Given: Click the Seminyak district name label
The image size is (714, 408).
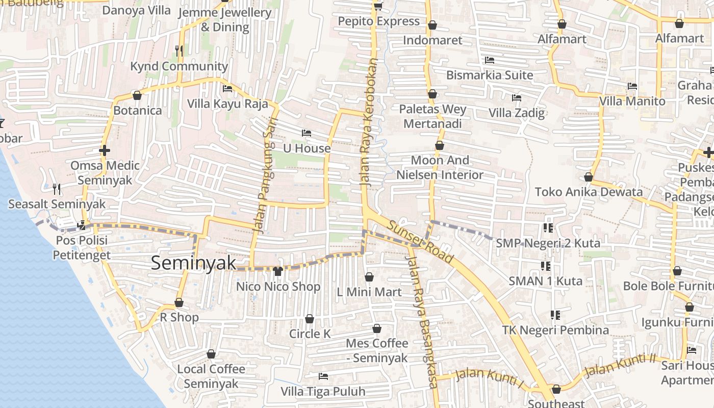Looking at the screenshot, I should [194, 263].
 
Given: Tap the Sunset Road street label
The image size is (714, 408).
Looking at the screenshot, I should [420, 242].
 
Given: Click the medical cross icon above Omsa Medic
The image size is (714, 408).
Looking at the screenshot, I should [104, 150].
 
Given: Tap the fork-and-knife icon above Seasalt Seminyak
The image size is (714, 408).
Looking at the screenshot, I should [57, 189].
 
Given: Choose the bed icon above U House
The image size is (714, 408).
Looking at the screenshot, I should [306, 133].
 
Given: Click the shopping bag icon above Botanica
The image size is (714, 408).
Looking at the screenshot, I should [137, 95].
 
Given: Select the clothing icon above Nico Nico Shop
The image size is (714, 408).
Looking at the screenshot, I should [278, 271].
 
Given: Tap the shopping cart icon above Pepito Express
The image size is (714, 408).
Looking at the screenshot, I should [378, 6].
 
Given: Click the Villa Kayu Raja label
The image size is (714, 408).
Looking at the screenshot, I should [227, 104].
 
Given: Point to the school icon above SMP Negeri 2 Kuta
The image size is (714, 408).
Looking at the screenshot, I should [548, 228].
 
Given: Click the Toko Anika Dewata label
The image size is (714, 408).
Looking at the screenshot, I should [589, 192].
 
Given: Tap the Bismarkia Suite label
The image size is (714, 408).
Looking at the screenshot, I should [489, 75].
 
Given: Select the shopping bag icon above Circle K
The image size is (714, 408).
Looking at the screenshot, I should [310, 319].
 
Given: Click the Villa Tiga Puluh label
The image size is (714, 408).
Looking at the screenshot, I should [323, 392].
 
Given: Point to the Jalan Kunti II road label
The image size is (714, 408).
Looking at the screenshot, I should [620, 366].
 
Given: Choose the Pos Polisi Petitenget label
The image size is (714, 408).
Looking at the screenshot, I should [82, 247].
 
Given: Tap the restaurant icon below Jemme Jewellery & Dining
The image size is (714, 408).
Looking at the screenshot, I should [178, 50].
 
